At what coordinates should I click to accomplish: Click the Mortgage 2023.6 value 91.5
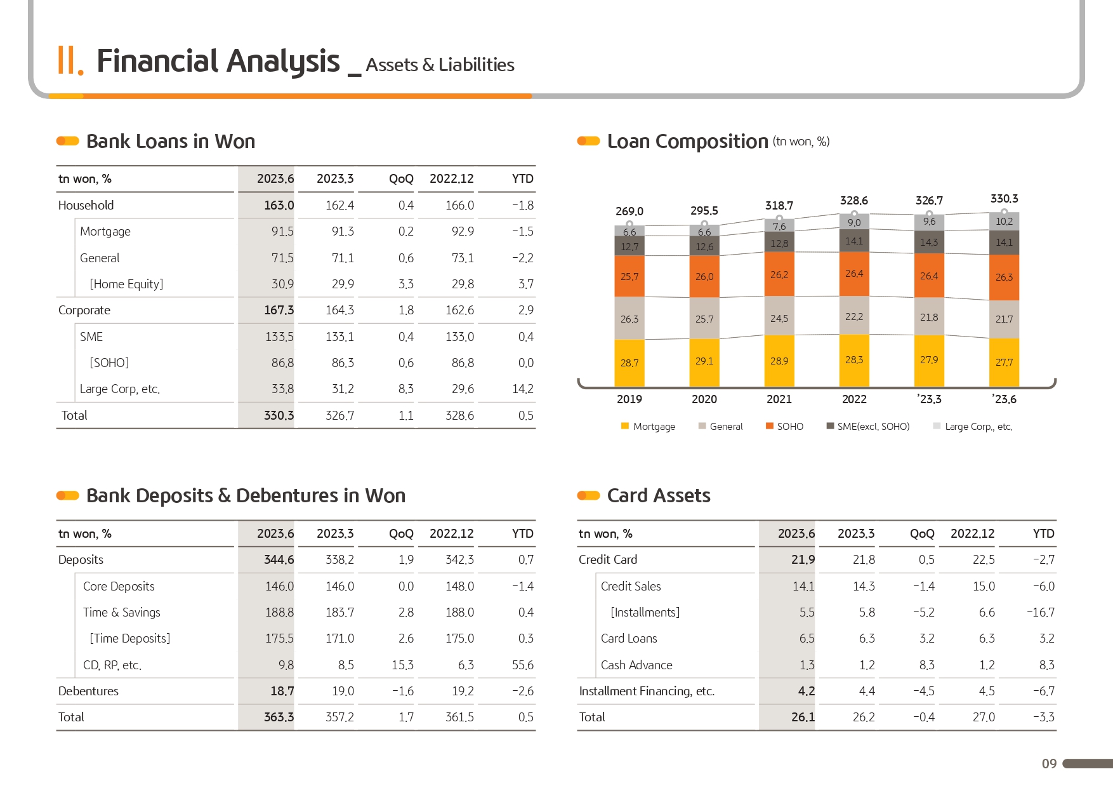tap(282, 232)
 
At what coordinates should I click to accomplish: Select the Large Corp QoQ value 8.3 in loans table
tap(406, 389)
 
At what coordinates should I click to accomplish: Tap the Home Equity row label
tap(126, 284)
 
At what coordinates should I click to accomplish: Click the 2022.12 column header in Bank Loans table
tap(451, 179)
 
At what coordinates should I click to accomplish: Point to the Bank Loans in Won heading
tap(171, 142)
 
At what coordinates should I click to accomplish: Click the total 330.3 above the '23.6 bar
tap(1004, 199)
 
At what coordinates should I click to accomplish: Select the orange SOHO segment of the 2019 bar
tap(629, 276)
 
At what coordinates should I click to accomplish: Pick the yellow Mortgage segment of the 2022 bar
tap(854, 360)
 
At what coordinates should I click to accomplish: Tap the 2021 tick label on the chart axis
tap(779, 399)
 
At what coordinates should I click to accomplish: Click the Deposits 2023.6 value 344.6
tap(279, 560)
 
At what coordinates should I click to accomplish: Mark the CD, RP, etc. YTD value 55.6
tap(522, 665)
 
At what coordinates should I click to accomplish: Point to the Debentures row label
tap(88, 691)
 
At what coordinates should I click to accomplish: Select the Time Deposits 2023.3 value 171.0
tap(339, 639)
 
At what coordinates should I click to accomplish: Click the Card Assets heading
tap(659, 496)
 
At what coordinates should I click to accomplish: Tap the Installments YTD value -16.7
tap(1041, 613)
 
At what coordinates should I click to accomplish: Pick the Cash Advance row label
tap(636, 665)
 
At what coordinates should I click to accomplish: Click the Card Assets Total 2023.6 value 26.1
tap(803, 718)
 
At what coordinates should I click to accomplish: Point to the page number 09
tap(1049, 764)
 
